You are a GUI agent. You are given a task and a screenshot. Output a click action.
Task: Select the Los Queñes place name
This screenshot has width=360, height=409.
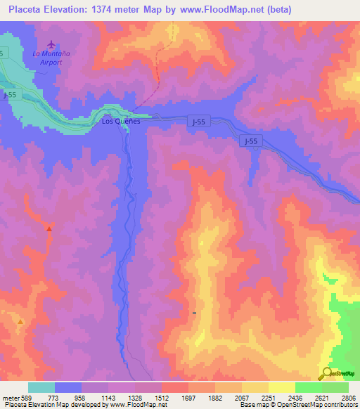121,121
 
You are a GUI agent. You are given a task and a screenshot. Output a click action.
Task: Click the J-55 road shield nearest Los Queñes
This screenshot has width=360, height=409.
199,122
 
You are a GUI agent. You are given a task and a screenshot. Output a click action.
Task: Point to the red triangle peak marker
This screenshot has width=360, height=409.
49,228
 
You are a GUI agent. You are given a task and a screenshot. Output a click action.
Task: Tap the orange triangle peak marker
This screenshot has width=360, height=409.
20,321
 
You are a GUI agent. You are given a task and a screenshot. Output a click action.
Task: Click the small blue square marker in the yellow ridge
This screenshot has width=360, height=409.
194,313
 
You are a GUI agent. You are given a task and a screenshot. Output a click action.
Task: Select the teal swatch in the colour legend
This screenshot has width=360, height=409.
41,387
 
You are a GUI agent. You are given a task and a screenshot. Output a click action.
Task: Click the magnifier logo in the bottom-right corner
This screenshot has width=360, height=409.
327,374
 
